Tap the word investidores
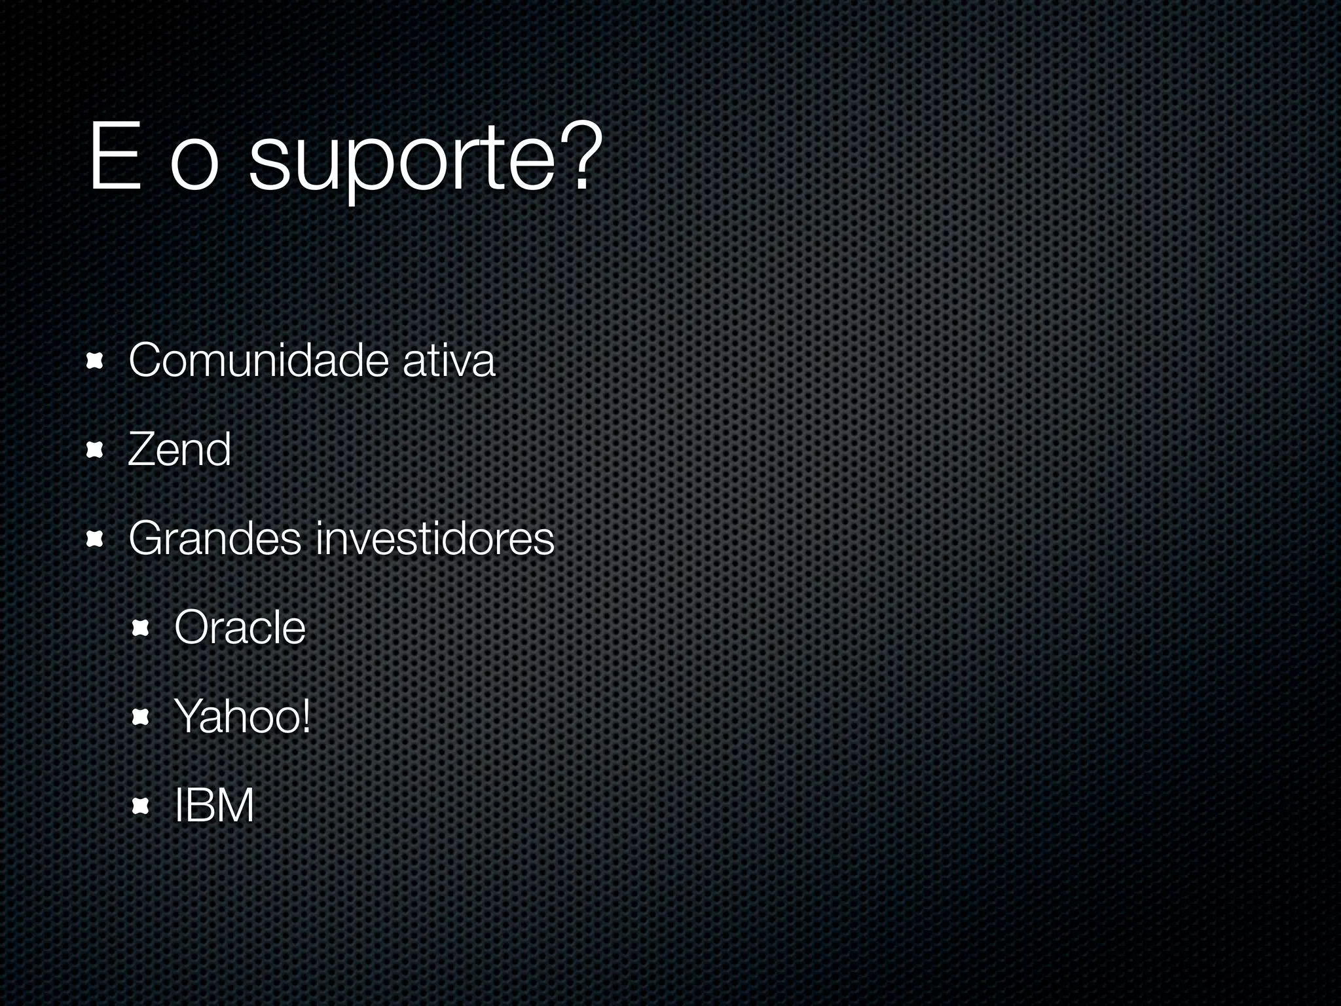[435, 538]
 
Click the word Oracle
[240, 627]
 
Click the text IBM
[214, 806]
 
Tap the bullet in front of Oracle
[141, 629]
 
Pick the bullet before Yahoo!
[141, 718]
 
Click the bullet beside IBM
[141, 807]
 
